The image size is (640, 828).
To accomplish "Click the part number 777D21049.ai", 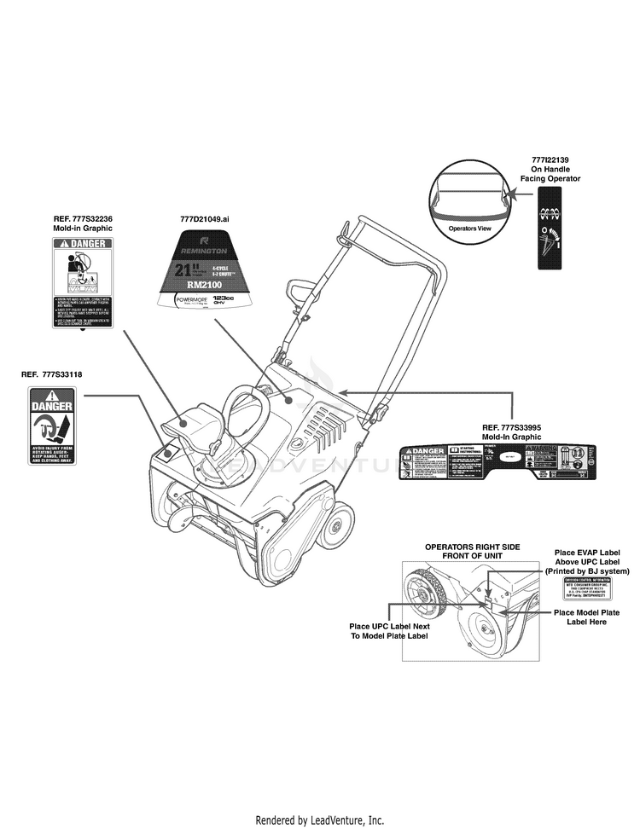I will tap(205, 219).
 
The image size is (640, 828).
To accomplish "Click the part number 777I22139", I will tap(550, 160).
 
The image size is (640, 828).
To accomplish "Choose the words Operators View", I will tap(469, 229).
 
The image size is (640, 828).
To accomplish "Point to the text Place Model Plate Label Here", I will tap(586, 617).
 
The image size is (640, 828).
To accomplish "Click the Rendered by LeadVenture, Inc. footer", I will tap(320, 820).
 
